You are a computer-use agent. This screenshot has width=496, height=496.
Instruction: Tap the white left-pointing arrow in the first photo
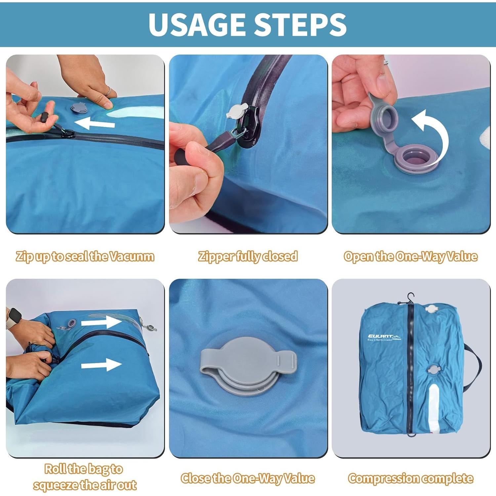coord(95,123)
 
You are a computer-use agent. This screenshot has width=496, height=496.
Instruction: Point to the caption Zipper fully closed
coord(248,257)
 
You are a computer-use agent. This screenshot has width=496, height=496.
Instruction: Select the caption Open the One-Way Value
coord(410,257)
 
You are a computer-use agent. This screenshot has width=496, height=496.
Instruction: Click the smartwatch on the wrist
coord(14,318)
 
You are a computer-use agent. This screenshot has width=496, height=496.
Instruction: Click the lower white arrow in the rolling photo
coord(101,365)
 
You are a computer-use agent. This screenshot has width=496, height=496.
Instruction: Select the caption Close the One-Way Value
coord(248,478)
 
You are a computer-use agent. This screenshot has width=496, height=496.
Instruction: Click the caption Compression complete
coord(410,478)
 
